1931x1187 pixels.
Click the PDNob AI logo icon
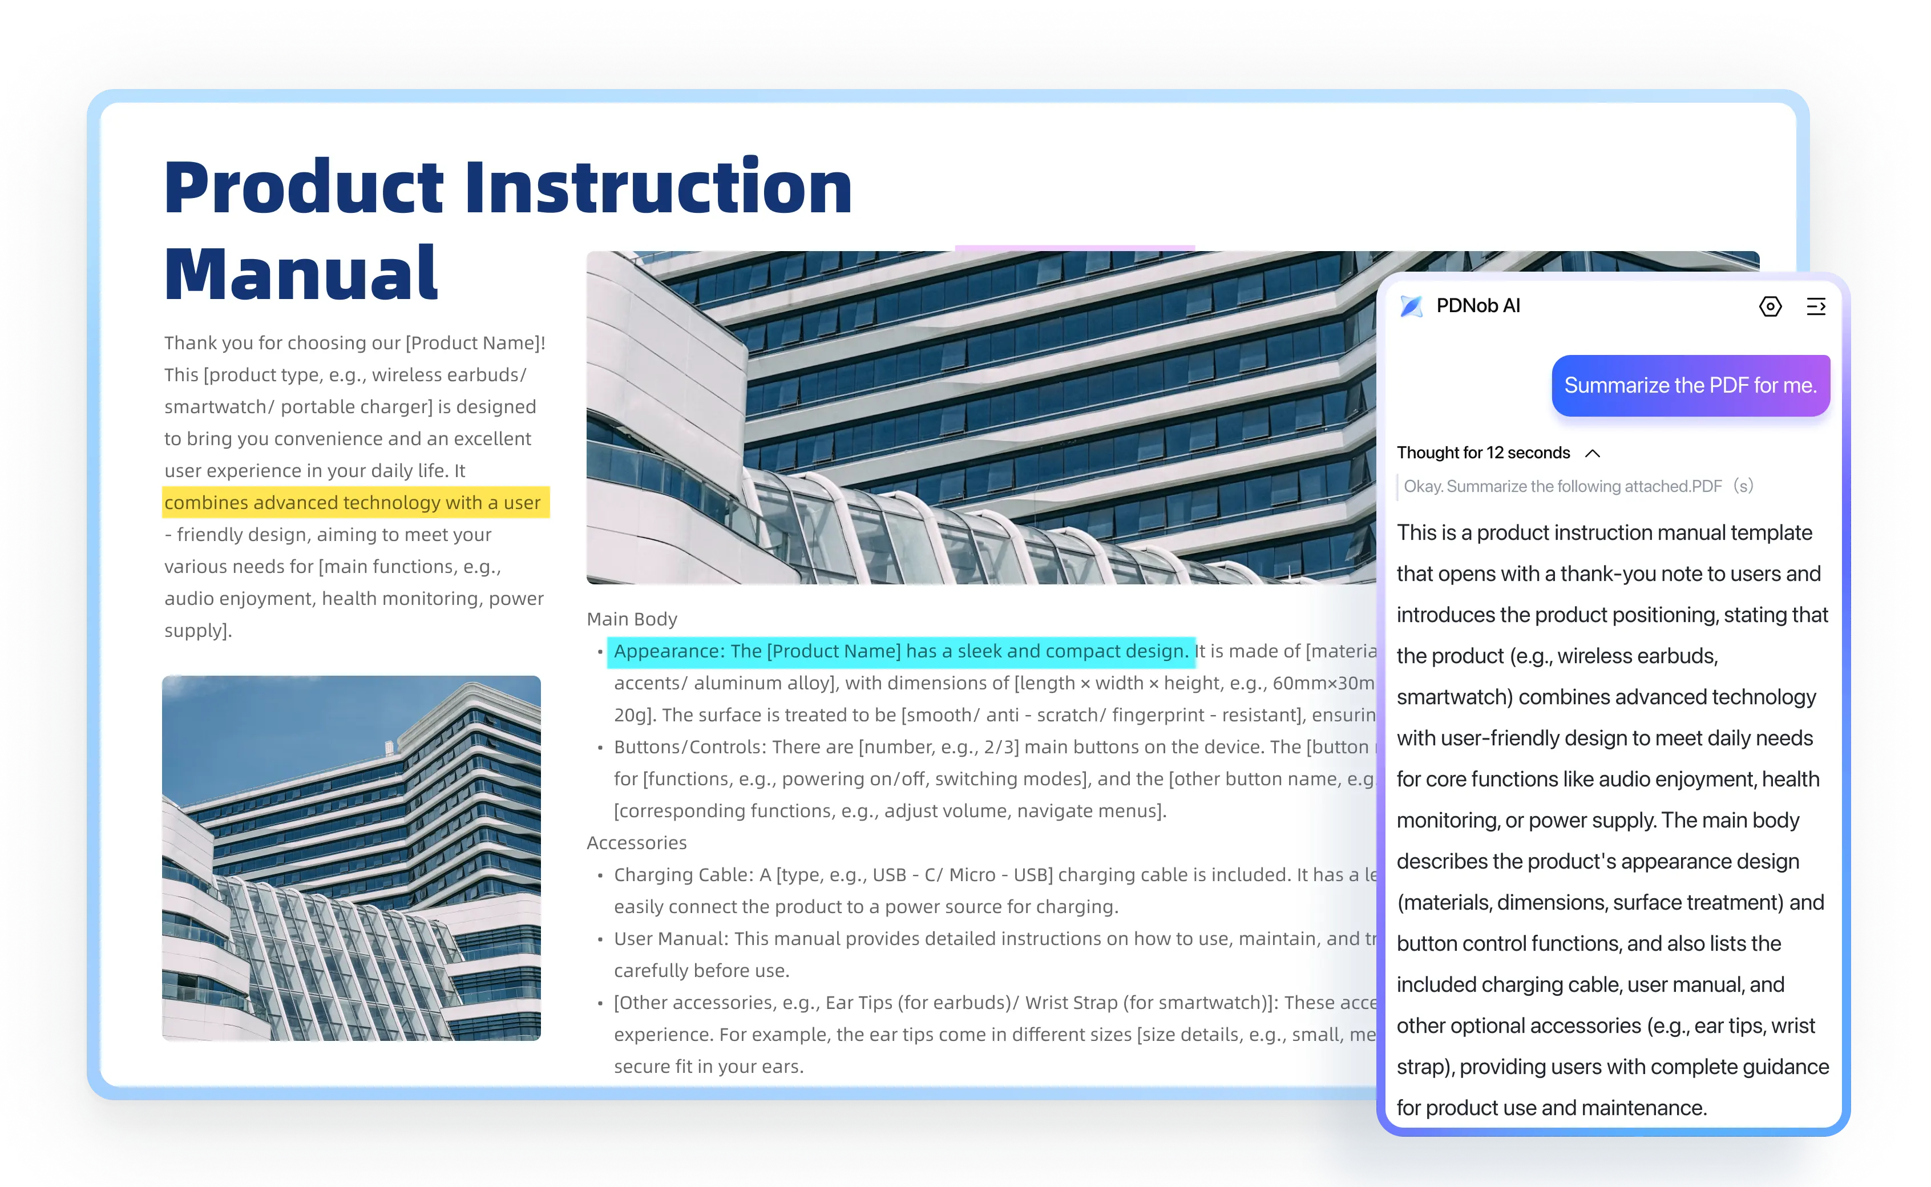[x=1411, y=306]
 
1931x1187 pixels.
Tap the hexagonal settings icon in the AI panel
[x=1770, y=306]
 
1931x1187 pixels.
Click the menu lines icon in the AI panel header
[x=1816, y=306]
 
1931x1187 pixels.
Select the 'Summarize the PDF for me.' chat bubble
[x=1690, y=385]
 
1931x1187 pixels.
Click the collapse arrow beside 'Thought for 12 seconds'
[x=1593, y=453]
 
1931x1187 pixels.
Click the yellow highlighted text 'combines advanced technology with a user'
[x=353, y=502]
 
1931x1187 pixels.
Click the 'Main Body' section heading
[x=632, y=619]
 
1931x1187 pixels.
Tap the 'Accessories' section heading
[x=637, y=842]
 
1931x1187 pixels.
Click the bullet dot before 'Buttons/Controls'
[x=600, y=748]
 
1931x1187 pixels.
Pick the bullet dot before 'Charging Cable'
[x=600, y=875]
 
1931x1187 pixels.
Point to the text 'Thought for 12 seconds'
[x=1483, y=453]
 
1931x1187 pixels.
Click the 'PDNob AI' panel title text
[x=1478, y=306]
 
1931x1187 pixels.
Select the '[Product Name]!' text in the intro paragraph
[x=475, y=343]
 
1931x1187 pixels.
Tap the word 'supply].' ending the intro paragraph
[x=198, y=631]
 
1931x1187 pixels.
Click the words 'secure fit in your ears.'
[x=709, y=1066]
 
